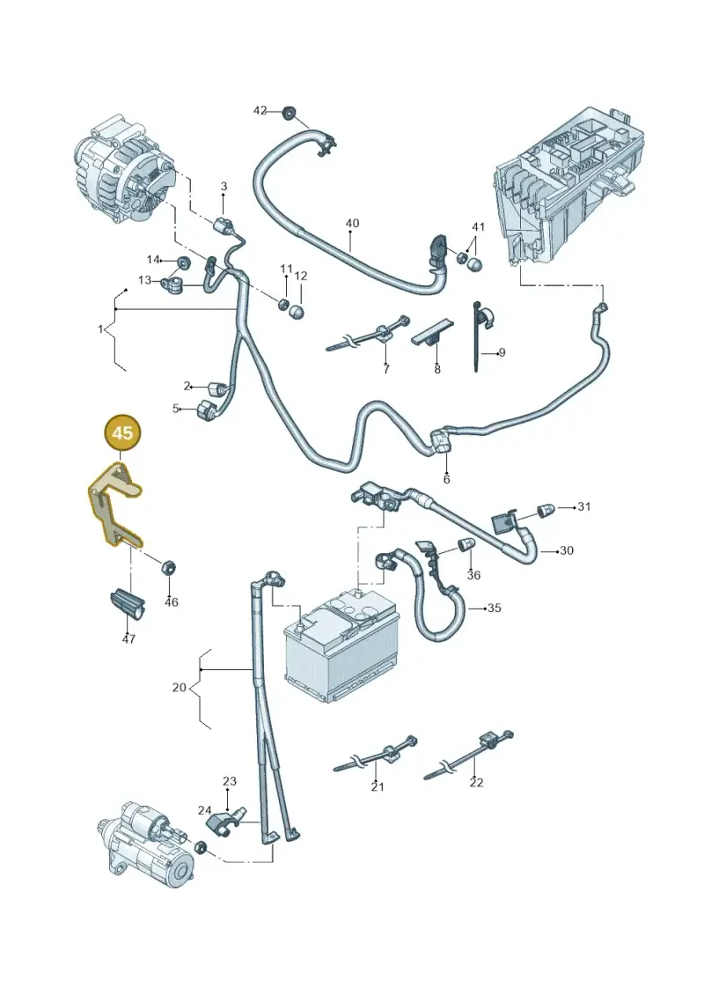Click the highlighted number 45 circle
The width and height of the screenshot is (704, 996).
point(122,432)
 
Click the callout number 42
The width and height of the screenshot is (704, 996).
point(260,111)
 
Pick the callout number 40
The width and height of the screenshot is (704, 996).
point(352,224)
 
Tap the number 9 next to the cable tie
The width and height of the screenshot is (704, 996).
point(502,352)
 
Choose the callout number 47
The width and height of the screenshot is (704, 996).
point(128,639)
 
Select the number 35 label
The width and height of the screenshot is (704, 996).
point(494,608)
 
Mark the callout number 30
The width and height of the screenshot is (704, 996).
point(566,550)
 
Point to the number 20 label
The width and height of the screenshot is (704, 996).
point(179,687)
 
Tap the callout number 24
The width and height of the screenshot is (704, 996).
point(204,810)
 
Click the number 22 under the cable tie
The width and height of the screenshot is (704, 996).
point(476,783)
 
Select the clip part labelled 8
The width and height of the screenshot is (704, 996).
point(433,333)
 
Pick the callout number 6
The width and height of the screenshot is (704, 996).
point(446,479)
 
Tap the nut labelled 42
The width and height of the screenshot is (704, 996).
point(289,113)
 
